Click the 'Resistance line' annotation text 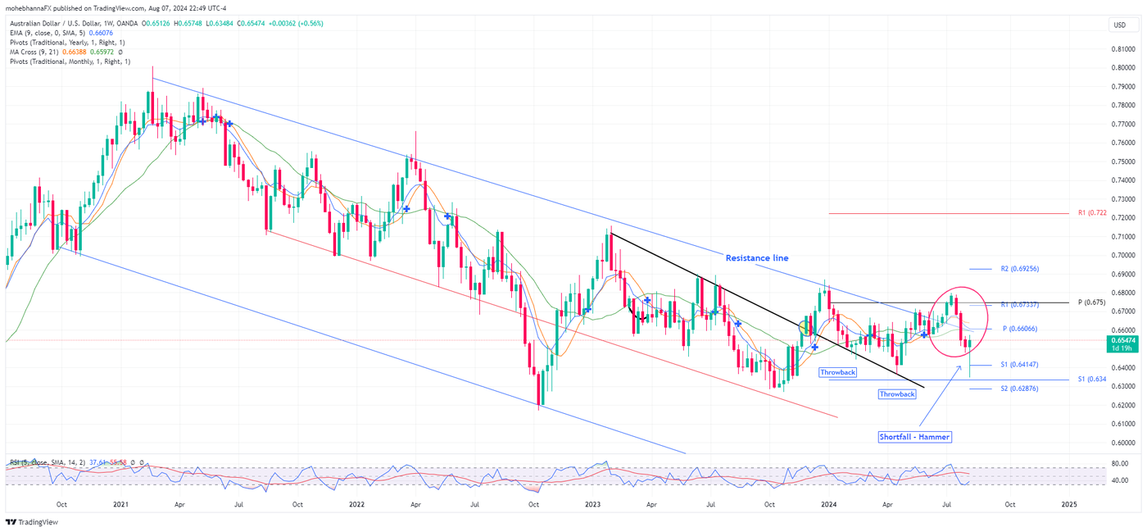pos(757,258)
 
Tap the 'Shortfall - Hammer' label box pos(914,437)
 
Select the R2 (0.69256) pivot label pos(1019,269)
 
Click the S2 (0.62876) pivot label pos(1019,389)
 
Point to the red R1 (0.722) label pos(1092,213)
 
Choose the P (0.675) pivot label pos(1091,302)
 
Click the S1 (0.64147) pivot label pos(1019,364)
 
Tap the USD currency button pos(1119,25)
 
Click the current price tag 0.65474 pos(1122,339)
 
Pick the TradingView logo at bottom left pos(32,522)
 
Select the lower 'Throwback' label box pos(896,394)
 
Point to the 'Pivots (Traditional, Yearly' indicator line pos(66,43)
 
